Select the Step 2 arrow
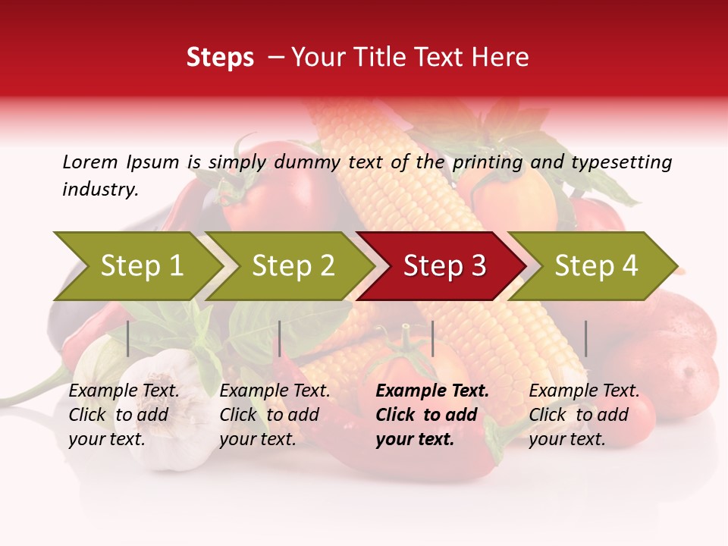pos(293,266)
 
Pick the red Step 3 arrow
pos(444,266)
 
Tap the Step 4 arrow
pos(596,266)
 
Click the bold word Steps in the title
pos(220,58)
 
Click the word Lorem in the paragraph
pos(89,162)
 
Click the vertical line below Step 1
pos(128,338)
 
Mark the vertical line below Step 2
pos(280,338)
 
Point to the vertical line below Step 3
pos(432,338)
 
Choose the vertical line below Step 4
pos(585,338)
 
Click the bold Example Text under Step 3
pos(432,391)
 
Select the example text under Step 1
pos(124,415)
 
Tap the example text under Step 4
pos(584,415)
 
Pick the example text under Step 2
pos(275,415)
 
